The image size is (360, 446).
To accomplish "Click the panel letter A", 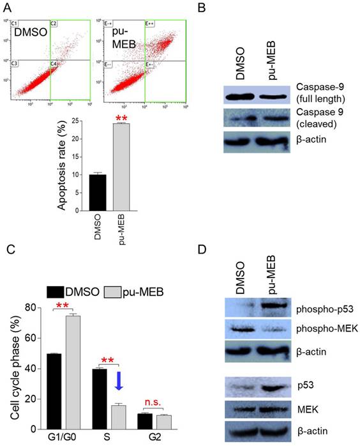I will pos(8,8).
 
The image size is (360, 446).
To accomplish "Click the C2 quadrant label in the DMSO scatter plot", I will pos(54,24).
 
